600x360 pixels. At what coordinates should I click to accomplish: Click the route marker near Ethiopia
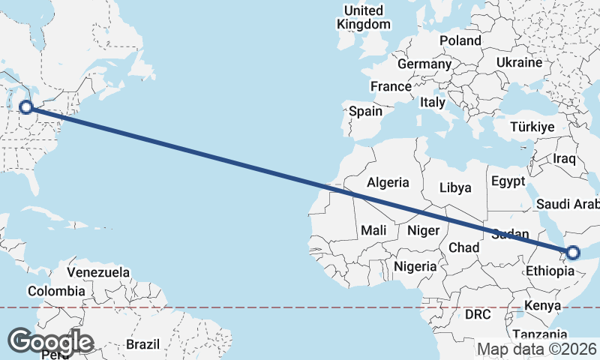coord(572,253)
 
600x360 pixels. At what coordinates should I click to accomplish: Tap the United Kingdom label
coord(364,17)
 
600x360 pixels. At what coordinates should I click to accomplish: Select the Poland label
coord(460,40)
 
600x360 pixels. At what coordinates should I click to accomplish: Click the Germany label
coord(423,64)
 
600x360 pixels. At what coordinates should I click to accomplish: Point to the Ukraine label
coord(519,61)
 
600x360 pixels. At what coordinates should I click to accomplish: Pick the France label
coord(391,86)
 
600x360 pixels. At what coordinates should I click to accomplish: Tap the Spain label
coord(365,112)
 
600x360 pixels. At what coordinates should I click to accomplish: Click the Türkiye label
coord(533,127)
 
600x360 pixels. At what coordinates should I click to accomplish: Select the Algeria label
coord(388,181)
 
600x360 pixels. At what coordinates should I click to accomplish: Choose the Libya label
coord(455,187)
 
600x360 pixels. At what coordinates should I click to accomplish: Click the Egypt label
coord(508,181)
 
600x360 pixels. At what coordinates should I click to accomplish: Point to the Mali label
coord(373,230)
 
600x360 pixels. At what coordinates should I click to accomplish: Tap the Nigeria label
coord(414,266)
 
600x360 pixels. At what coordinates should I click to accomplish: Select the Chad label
coord(463,247)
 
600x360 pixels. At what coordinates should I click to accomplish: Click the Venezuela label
coord(98,272)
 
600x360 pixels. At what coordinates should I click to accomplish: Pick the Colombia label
coord(56,291)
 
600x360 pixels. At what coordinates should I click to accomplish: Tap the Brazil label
coord(142,344)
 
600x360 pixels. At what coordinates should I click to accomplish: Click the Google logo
coord(50,341)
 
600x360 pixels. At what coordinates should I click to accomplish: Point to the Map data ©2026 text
coord(536,349)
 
